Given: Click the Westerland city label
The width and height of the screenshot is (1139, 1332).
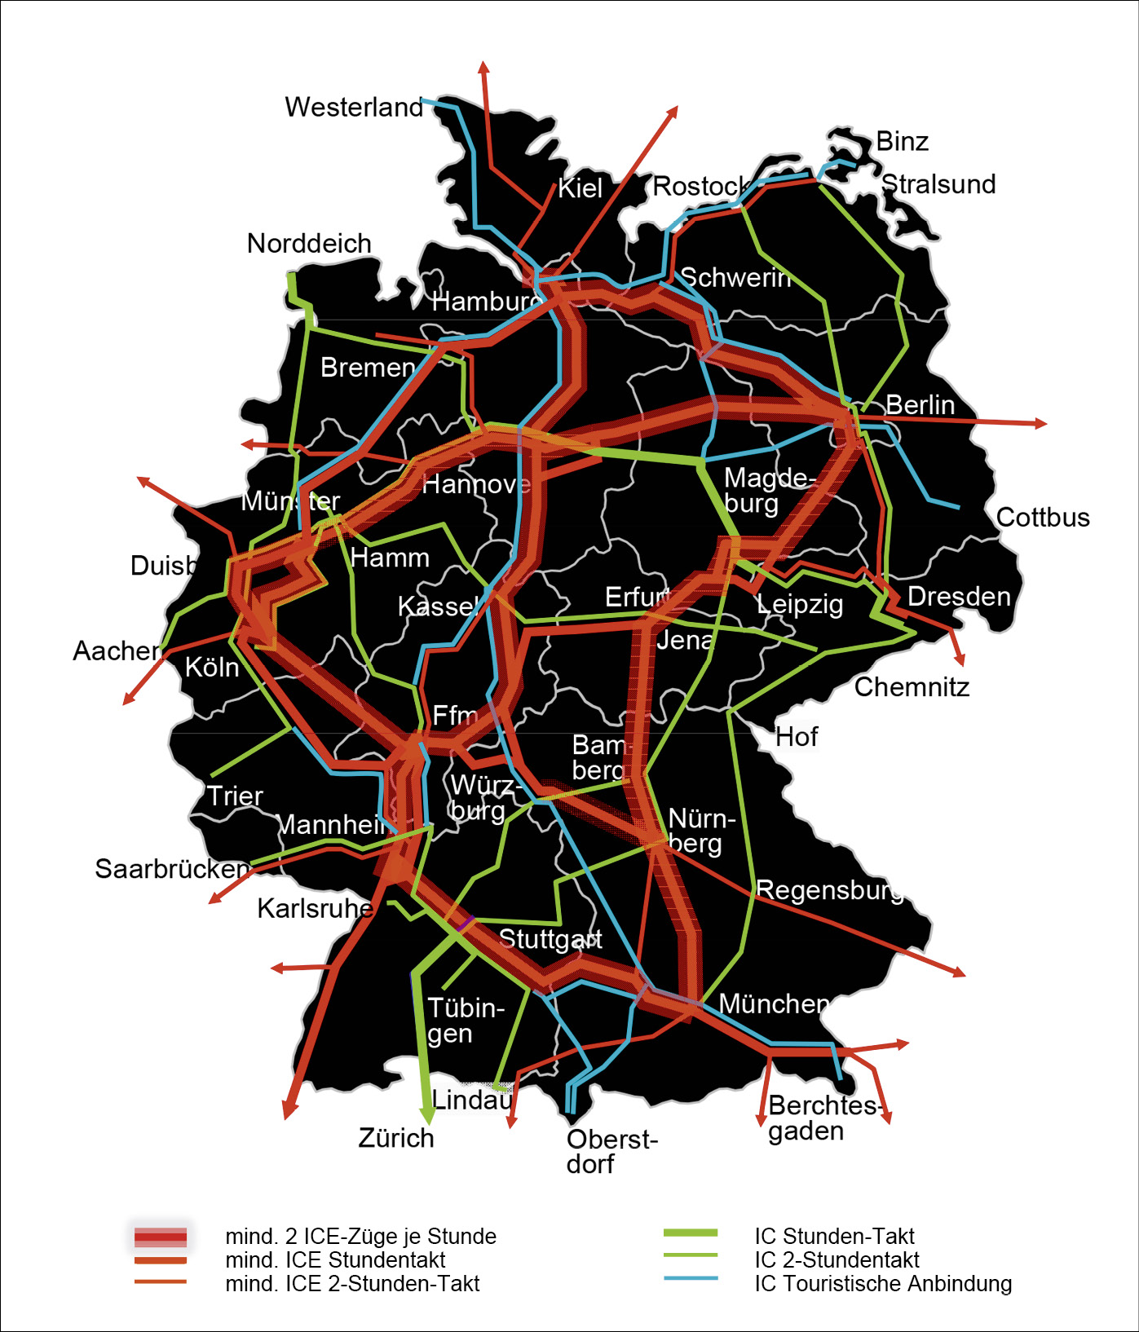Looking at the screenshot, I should [354, 107].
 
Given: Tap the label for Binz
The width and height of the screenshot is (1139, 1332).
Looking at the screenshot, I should [902, 141].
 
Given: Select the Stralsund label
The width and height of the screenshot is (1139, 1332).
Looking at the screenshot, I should [938, 184].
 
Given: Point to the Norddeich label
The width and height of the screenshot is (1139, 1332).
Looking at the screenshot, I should [309, 243].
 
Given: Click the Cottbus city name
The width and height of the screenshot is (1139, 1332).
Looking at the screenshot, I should [1043, 517].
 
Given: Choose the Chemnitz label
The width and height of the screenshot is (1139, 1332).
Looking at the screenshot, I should [912, 687].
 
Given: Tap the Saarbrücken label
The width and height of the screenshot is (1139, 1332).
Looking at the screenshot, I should [172, 868].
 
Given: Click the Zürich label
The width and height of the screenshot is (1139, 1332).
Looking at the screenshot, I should [396, 1137].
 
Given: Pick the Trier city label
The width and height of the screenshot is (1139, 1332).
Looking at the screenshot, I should [235, 796].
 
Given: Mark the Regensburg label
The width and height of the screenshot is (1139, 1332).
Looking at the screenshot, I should [830, 889].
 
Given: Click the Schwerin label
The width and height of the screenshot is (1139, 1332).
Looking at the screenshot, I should [735, 278].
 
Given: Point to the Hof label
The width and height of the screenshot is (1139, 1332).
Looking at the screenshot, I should [796, 737].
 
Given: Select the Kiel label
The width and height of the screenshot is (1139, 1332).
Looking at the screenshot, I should [580, 188].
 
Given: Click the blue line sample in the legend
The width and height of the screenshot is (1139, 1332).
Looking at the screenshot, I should [691, 1277].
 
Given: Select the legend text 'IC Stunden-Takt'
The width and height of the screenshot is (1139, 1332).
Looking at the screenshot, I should [834, 1236].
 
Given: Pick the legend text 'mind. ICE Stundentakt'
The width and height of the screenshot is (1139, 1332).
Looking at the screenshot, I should [335, 1259].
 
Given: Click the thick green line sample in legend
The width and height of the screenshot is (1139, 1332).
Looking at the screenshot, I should [691, 1233].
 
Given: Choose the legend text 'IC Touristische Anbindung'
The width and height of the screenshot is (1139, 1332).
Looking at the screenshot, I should [883, 1283].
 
